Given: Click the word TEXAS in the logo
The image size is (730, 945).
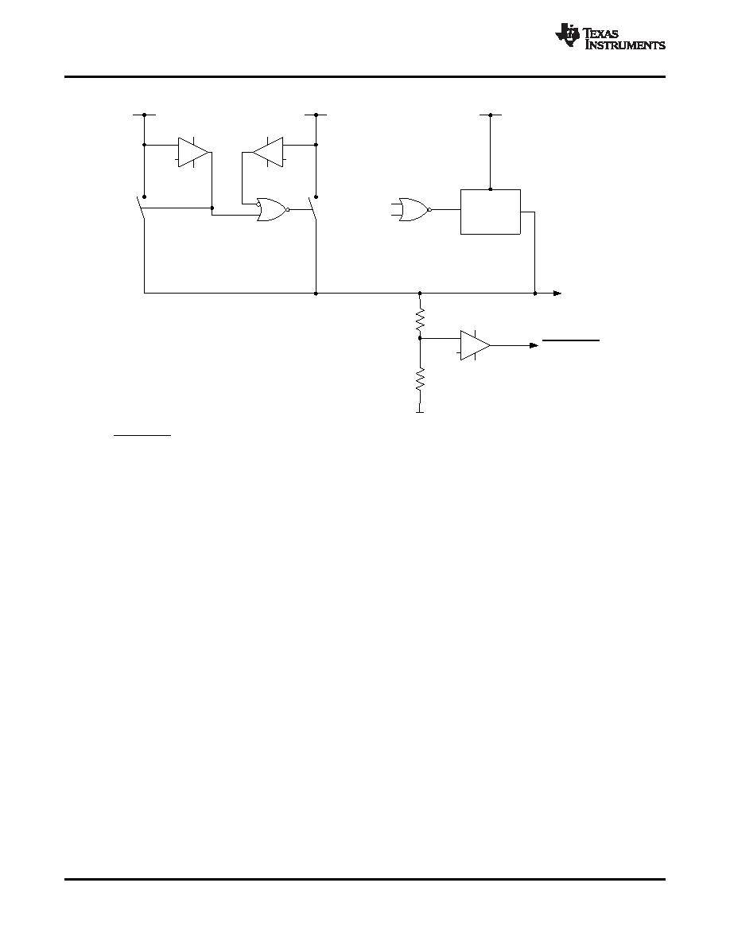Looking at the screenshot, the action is [601, 33].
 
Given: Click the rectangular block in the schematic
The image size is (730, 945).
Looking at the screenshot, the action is [491, 212].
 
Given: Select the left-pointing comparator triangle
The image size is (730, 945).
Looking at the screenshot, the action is [267, 153].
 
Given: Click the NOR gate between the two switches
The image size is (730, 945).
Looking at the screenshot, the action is [272, 210].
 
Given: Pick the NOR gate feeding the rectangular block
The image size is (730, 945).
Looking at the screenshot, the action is [414, 210].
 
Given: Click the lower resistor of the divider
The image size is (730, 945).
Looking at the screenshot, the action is [421, 381].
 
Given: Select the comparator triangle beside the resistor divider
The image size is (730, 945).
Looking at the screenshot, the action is [476, 345].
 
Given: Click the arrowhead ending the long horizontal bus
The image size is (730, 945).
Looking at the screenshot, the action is [557, 294].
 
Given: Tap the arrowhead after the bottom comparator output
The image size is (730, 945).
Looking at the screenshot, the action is [534, 345].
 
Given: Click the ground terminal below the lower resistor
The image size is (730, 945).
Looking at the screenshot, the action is [420, 412].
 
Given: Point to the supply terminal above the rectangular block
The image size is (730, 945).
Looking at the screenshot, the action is [491, 115].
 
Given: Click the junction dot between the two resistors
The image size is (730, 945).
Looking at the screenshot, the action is [420, 339].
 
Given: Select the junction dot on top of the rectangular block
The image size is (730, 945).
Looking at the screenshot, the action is [491, 189].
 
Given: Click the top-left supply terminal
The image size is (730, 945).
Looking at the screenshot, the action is [144, 115].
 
